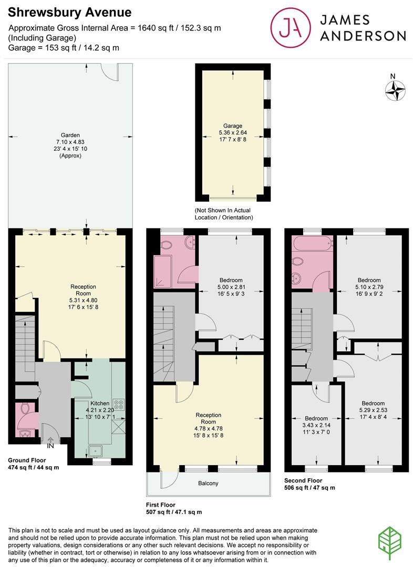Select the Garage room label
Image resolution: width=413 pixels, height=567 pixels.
(x=233, y=126)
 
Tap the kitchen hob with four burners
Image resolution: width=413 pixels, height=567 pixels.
(x=118, y=404)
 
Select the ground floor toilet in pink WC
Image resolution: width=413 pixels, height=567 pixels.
(x=24, y=408)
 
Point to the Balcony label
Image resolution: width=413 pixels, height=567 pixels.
(x=209, y=483)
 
